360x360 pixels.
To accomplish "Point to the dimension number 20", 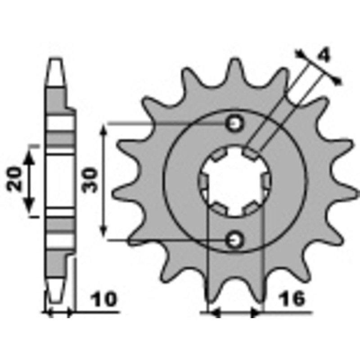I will coord(16,180).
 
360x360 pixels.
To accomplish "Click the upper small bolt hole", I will coord(234,123).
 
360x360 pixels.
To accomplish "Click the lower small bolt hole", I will coord(234,240).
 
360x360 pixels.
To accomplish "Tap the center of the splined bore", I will coord(234,182).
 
